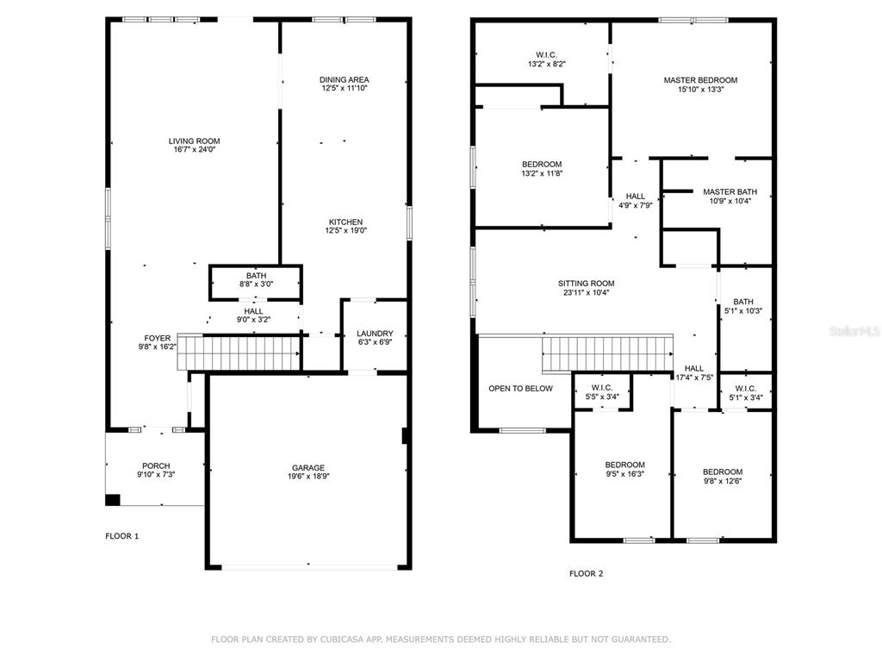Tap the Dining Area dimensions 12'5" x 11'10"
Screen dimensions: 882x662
345,89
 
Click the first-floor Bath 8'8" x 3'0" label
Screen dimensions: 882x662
256,280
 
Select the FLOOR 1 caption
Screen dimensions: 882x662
122,536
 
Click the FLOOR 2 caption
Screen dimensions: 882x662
586,573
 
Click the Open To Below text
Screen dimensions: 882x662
520,389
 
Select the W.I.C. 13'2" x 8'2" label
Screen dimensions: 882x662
546,59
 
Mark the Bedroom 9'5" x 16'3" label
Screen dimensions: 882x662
625,469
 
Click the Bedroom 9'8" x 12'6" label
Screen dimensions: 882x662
723,476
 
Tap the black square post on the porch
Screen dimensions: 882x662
113,500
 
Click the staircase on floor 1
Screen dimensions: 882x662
239,353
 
